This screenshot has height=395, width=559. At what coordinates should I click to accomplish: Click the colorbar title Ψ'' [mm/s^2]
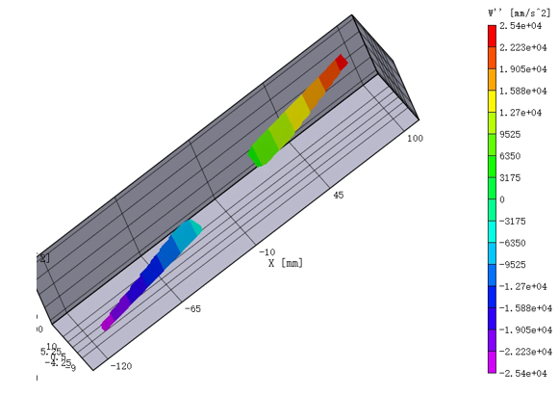516,12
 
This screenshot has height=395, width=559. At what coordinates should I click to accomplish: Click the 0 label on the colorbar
502,199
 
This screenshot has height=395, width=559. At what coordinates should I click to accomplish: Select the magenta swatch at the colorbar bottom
493,363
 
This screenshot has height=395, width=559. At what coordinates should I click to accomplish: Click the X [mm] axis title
285,262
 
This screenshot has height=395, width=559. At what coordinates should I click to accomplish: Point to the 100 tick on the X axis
416,139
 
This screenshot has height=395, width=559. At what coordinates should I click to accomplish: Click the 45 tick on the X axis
339,196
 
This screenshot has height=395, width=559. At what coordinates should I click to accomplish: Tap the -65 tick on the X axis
193,308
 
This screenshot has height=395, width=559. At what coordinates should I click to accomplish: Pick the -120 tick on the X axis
122,366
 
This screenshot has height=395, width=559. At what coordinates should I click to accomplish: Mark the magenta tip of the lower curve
106,325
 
